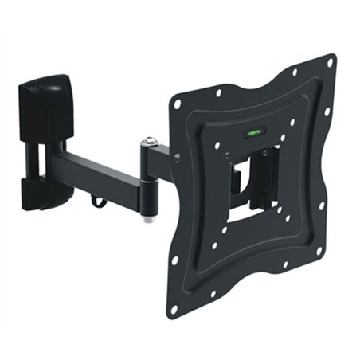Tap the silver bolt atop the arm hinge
coord(149,143)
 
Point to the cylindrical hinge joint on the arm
coord(149,179)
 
